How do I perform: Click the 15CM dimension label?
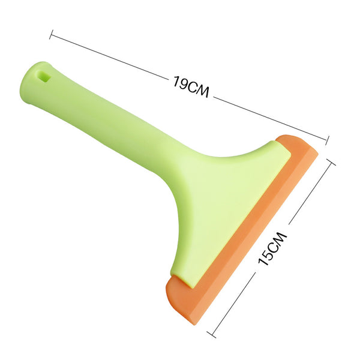coord(272,248)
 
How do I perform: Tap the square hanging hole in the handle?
coord(44,76)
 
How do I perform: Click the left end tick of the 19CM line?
coord(51,34)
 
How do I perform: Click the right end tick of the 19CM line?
coord(327,140)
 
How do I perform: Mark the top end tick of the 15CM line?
coord(331,162)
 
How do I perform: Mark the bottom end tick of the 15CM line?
coord(211,335)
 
